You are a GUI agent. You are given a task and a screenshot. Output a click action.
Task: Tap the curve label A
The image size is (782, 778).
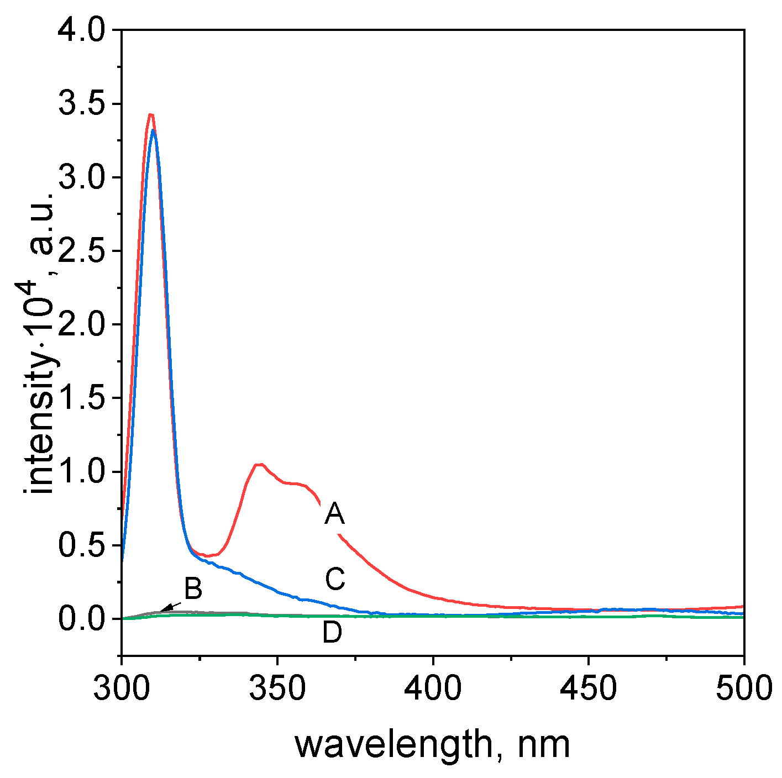point(334,514)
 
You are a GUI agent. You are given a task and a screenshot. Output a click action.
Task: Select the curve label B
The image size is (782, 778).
point(193,589)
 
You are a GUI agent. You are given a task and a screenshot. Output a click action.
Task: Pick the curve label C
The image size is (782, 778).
point(335,580)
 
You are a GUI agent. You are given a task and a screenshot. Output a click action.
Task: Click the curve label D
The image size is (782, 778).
point(332,633)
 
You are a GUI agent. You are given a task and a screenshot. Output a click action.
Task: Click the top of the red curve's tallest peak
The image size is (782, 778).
point(150,114)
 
